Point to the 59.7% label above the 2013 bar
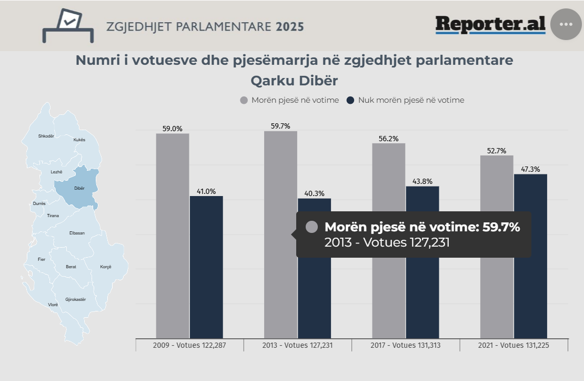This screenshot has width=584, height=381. (280, 126)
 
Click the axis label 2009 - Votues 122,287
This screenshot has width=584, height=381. (189, 346)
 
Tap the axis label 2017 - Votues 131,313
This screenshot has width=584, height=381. (406, 346)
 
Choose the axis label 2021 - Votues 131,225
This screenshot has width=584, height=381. (514, 346)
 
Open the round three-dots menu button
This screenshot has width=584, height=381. (566, 24)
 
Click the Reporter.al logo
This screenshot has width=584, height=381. (490, 24)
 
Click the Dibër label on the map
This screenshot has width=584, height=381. (79, 188)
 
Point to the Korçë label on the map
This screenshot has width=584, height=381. (106, 267)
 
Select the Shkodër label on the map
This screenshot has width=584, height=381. (46, 136)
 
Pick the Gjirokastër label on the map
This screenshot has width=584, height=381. (75, 299)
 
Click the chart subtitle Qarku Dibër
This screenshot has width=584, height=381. (294, 81)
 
